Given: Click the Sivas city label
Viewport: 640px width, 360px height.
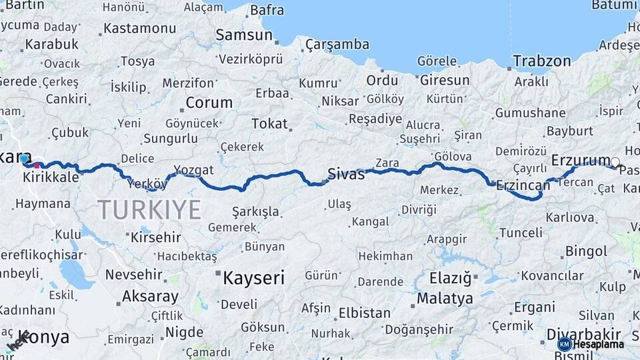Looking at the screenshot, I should tap(346, 175).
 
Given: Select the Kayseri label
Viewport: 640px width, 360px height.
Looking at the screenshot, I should tap(253, 277).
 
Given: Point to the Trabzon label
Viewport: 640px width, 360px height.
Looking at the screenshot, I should tap(542, 61).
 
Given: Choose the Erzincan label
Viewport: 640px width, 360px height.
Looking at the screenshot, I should tap(522, 185).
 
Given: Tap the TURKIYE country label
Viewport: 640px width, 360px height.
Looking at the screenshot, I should tap(149, 210).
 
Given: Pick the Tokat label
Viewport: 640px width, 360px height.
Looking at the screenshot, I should tap(269, 123).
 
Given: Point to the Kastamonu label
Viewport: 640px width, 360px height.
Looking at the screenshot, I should tap(140, 29).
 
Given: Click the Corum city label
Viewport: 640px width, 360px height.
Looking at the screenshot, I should tap(209, 103).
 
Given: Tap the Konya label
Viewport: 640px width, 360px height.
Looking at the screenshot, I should tap(43, 337).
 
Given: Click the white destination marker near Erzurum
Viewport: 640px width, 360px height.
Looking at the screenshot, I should tap(615, 161).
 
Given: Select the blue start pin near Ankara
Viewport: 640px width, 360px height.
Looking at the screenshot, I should tap(25, 159).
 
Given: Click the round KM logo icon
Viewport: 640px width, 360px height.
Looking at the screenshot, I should tap(564, 344).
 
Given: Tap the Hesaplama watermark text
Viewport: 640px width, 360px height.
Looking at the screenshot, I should tap(599, 345).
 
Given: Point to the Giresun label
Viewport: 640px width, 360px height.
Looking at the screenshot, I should tap(445, 81).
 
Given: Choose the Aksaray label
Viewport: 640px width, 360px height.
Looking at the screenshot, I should tap(150, 297).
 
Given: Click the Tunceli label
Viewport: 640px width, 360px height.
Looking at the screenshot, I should tap(521, 233).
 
